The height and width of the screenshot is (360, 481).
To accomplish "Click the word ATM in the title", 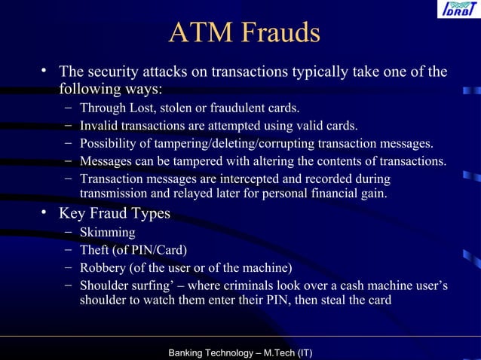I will point(197,34).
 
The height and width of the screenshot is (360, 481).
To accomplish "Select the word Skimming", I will point(108,233).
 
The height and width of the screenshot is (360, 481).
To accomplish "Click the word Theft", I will point(96,250).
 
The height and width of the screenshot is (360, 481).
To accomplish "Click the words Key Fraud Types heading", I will point(115,214).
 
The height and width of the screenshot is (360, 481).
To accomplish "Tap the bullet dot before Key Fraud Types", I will point(46,214).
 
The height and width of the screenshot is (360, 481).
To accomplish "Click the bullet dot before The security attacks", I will point(46,72).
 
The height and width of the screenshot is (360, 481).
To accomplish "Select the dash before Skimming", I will point(69,232).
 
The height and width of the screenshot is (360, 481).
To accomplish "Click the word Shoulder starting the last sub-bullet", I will point(105,285).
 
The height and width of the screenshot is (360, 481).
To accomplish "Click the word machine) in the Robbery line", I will point(267,267).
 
